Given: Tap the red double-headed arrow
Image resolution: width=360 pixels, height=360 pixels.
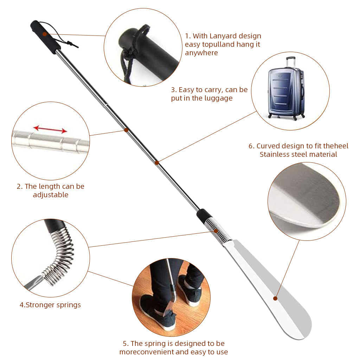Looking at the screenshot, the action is [x=50, y=129].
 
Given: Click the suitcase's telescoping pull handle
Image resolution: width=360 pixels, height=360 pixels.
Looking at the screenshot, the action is [x=291, y=62].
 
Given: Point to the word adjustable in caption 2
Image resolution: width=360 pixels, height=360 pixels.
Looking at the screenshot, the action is [x=51, y=195].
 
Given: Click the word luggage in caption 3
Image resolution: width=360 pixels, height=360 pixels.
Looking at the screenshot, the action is [x=218, y=98].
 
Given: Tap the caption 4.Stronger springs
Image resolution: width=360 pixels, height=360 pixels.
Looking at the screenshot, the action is [x=50, y=305].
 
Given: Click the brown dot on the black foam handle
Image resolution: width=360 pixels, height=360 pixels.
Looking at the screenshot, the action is [x=45, y=34].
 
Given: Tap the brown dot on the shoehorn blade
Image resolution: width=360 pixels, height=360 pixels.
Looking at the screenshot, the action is [x=275, y=298].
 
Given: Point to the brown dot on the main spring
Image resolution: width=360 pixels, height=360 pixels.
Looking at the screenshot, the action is [x=216, y=231].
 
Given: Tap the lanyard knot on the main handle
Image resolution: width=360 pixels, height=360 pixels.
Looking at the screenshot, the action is [x=69, y=43].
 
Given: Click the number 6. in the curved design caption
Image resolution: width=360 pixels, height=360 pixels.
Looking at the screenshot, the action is [x=252, y=146].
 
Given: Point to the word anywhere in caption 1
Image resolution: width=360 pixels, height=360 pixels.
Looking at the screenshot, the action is [x=201, y=53].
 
